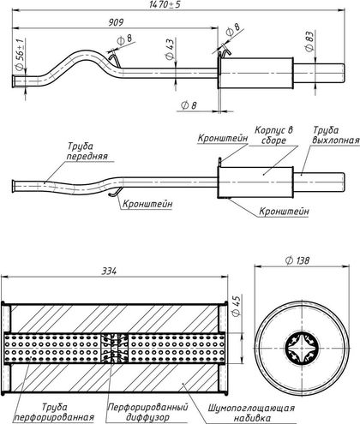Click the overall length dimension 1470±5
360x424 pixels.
(165, 4)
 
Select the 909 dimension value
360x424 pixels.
(116, 22)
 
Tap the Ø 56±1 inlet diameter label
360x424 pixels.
(20, 53)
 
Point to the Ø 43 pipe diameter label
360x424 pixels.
(170, 49)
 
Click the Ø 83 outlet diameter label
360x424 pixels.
(309, 41)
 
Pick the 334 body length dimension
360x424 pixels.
(109, 271)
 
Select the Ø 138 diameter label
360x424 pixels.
(297, 260)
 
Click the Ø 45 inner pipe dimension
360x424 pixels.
(237, 306)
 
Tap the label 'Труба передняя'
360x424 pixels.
(87, 151)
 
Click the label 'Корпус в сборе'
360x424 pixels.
(273, 135)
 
